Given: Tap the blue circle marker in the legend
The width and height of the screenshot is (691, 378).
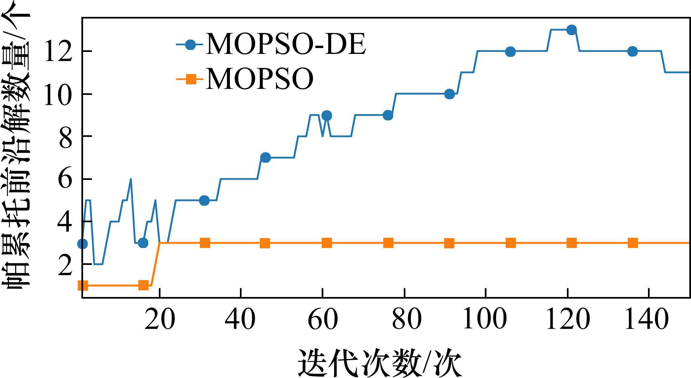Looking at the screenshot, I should point(190,45).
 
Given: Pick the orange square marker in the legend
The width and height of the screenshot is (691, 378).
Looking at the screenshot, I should point(190,79).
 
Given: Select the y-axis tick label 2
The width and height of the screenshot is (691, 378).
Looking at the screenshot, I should point(65,265).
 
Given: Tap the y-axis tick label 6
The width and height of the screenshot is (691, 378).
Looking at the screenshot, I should point(65,179).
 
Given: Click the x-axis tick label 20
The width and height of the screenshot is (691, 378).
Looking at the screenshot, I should point(160,320).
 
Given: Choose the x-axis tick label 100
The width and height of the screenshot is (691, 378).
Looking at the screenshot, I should point(484,320).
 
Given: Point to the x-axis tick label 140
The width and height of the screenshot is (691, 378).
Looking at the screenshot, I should point(646,320).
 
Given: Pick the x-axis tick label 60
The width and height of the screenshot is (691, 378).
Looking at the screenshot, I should point(323,320).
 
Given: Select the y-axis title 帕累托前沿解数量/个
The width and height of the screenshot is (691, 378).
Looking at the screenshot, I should point(17,149).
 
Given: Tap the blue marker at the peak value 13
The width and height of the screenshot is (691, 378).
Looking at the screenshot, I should point(572,30).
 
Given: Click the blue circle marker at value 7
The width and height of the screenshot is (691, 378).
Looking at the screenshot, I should point(265,158).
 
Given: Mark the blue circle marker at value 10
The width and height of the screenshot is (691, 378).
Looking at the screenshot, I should point(449,94).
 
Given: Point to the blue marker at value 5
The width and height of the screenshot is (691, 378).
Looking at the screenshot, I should point(205,200).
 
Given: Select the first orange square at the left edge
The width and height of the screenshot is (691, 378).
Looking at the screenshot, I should point(83,285).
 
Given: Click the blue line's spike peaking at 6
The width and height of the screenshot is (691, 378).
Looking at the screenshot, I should point(131,179).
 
